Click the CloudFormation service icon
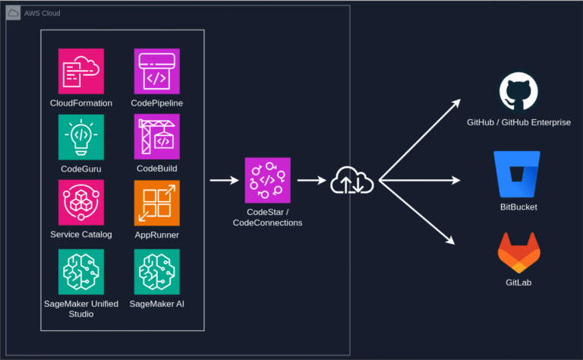click(x=81, y=71)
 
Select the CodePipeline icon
click(x=156, y=71)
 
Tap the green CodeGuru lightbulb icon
click(x=81, y=137)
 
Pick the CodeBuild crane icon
click(x=156, y=137)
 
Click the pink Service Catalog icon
click(x=81, y=203)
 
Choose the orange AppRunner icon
click(x=156, y=203)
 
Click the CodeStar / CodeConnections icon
click(x=267, y=181)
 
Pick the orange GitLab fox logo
click(x=519, y=254)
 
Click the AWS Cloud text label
click(x=43, y=14)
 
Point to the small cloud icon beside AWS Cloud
click(x=13, y=14)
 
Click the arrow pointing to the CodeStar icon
click(x=224, y=181)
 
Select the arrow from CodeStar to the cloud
click(x=311, y=181)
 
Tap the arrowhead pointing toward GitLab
click(x=450, y=240)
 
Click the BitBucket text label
click(x=518, y=207)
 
